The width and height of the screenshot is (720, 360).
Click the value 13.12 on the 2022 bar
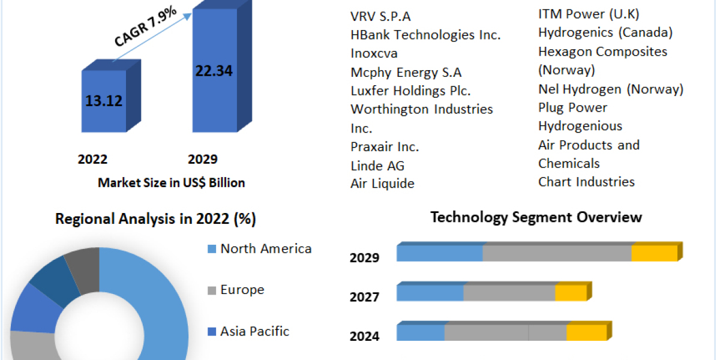[104, 101]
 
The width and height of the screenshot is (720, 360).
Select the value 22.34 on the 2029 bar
[214, 71]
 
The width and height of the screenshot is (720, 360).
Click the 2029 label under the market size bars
[202, 160]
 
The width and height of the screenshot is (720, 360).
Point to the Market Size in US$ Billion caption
[171, 183]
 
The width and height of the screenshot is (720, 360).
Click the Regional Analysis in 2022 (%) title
[155, 219]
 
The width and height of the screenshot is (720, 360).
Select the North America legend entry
[266, 248]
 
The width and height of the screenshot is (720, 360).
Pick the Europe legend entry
[242, 290]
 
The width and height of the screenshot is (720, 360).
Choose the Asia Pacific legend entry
[254, 331]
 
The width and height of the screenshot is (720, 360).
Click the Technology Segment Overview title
[536, 217]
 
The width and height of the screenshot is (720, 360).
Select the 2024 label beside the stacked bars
[364, 336]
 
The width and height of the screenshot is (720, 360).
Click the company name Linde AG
[377, 166]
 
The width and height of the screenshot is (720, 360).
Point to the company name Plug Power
[572, 108]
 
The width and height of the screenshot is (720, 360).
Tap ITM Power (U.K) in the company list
[588, 14]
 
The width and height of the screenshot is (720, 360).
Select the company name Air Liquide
[382, 184]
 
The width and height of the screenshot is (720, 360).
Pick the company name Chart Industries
[586, 182]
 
